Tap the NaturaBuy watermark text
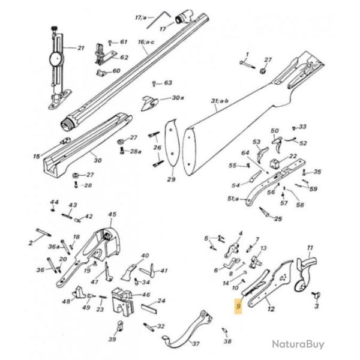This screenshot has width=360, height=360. tap(298, 344)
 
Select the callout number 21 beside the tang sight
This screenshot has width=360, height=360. tap(82, 47)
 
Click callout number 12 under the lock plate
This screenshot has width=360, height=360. tap(271, 309)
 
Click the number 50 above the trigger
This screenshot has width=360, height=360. tap(275, 131)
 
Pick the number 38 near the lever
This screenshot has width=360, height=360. tap(227, 341)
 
